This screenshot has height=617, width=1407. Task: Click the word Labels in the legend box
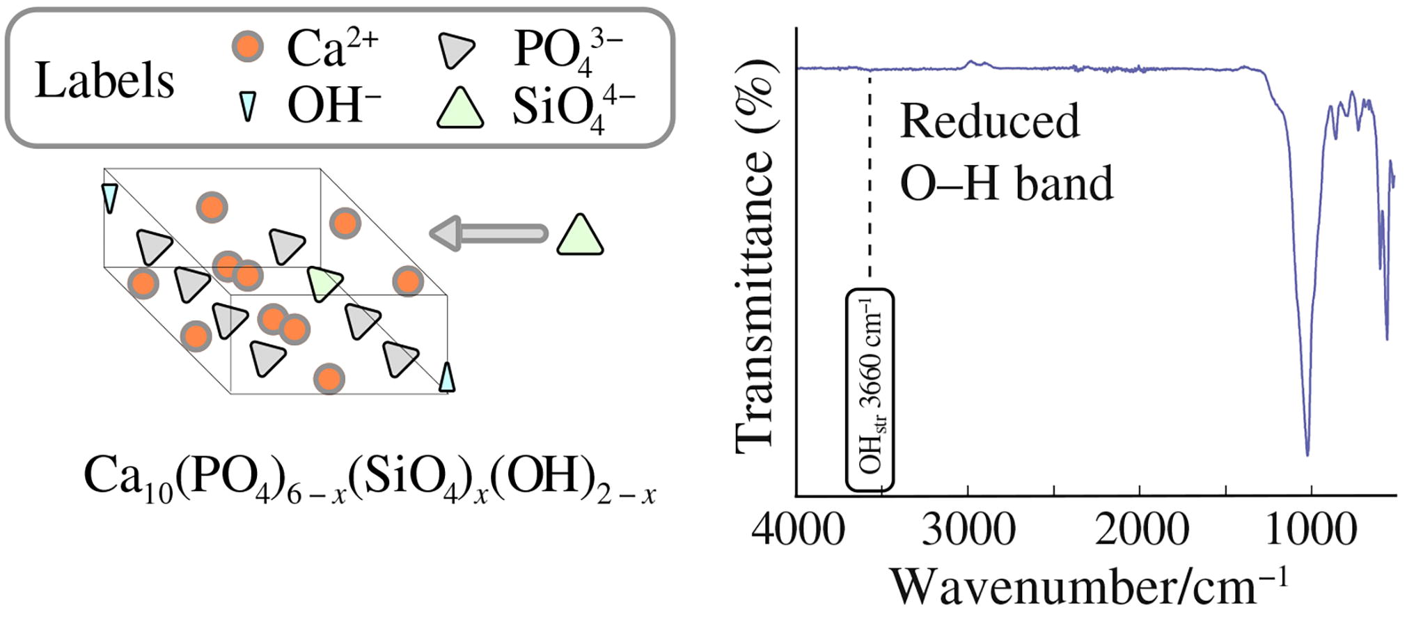tap(104, 81)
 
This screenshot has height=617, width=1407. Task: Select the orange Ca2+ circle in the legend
tap(247, 47)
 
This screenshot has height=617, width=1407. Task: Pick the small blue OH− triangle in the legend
tap(247, 107)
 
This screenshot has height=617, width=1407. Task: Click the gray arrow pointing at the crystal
tap(487, 233)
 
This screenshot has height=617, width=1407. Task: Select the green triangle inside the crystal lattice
tap(324, 283)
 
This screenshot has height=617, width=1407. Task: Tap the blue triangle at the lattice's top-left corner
tap(109, 197)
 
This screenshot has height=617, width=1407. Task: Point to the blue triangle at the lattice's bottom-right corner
tap(447, 378)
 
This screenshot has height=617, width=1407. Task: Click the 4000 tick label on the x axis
tap(798, 531)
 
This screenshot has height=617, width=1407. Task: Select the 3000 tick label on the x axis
tap(968, 531)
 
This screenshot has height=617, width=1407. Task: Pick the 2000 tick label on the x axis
tap(1141, 531)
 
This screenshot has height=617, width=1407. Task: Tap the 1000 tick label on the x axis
tap(1311, 531)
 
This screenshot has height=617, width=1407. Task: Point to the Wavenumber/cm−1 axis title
tap(1090, 586)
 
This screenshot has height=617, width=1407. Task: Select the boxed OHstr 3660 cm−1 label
tap(870, 390)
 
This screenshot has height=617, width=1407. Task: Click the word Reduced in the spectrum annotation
tap(989, 121)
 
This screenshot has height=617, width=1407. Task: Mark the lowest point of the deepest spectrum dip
tap(1307, 455)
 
